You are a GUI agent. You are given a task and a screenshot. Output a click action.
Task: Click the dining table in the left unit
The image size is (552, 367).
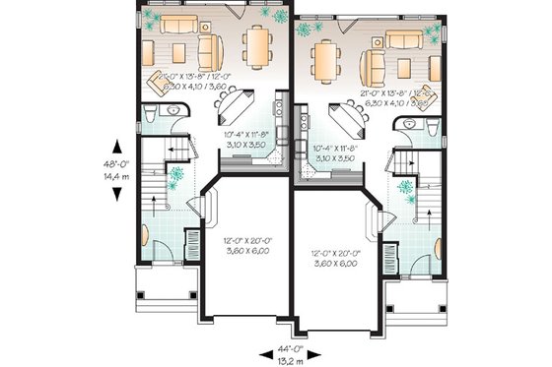pyautogui.click(x=259, y=43)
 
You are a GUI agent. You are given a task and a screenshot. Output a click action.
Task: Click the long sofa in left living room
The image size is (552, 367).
pyautogui.click(x=179, y=25)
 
